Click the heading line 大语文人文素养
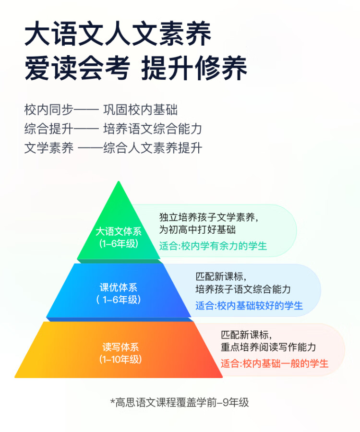pyautogui.click(x=118, y=35)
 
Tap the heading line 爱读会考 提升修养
pyautogui.click(x=136, y=68)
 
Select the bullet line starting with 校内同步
pyautogui.click(x=101, y=109)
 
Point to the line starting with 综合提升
pyautogui.click(x=113, y=129)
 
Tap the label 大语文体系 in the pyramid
pyautogui.click(x=119, y=231)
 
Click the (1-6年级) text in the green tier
pyautogui.click(x=119, y=243)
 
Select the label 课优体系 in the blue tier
pyautogui.click(x=118, y=288)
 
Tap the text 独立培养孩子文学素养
pyautogui.click(x=209, y=217)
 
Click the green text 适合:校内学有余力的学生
pyautogui.click(x=213, y=246)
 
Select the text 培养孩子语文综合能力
pyautogui.click(x=243, y=289)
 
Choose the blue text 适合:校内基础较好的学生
pyautogui.click(x=249, y=306)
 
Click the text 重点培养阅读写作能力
pyautogui.click(x=268, y=347)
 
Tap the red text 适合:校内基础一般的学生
pyautogui.click(x=275, y=363)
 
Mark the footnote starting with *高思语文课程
pyautogui.click(x=180, y=403)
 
